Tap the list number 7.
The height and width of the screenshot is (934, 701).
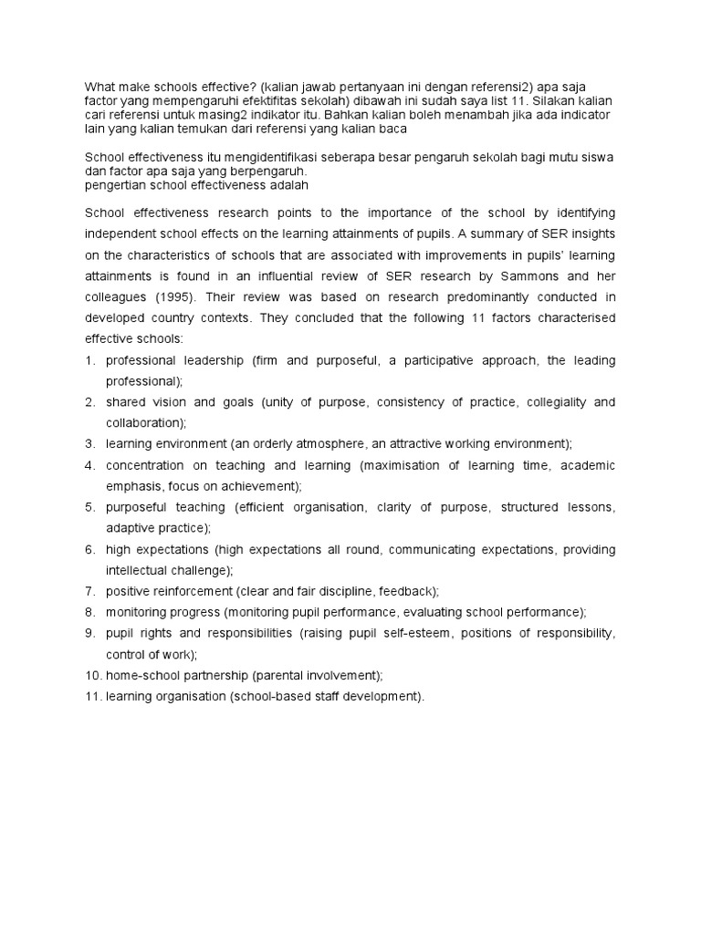[90, 591]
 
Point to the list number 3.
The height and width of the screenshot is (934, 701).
[90, 444]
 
